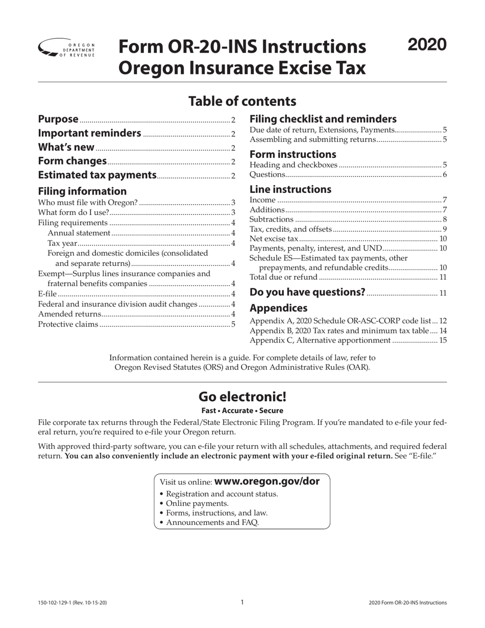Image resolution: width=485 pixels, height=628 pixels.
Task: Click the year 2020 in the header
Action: tap(427, 45)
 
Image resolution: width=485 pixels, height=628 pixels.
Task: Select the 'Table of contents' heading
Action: tap(242, 101)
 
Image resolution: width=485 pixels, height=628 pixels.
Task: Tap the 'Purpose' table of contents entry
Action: tap(59, 119)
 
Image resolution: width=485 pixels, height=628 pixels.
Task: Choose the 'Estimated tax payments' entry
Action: tap(98, 176)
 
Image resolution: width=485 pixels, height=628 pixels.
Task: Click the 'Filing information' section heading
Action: tap(83, 191)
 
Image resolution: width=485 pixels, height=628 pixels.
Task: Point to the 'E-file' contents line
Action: tap(48, 294)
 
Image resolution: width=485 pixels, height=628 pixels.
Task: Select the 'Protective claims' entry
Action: tap(68, 324)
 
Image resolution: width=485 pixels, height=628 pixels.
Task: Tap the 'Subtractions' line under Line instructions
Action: tap(272, 220)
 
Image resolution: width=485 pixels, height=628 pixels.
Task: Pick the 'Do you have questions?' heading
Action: tap(307, 293)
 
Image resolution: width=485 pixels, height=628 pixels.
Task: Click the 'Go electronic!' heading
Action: tap(242, 397)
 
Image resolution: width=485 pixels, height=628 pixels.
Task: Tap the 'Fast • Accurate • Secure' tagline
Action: tap(242, 410)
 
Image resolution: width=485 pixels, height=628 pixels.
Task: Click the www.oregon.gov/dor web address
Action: tap(267, 481)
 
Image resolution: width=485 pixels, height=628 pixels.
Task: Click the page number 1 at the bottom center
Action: tap(242, 602)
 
